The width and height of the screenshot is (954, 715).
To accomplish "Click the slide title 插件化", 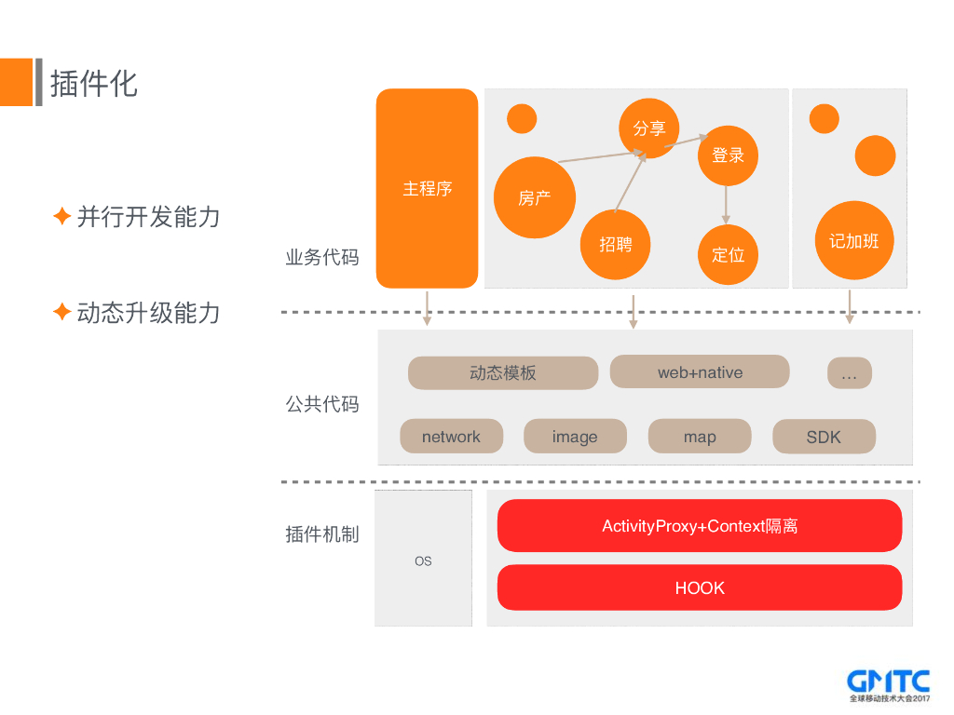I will click(94, 83).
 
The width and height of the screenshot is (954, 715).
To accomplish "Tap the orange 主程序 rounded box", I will click(427, 188).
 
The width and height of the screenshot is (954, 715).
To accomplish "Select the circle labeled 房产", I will click(535, 197).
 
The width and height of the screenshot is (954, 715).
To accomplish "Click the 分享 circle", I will click(649, 128).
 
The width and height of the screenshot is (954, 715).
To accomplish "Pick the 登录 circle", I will click(728, 155).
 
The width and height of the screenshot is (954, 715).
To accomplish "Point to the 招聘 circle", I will click(615, 245).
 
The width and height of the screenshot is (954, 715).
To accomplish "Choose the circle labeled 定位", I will click(728, 254).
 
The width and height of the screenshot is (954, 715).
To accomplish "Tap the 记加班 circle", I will click(853, 241).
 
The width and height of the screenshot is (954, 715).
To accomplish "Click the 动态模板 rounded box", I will click(503, 373).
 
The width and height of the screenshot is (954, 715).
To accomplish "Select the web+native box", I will click(700, 372).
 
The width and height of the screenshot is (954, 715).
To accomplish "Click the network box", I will click(451, 437).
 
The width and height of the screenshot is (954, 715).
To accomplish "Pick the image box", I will click(575, 437).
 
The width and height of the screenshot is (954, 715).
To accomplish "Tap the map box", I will click(700, 437).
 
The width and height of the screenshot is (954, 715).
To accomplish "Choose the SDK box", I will click(824, 437).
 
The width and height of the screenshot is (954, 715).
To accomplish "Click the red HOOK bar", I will click(700, 587).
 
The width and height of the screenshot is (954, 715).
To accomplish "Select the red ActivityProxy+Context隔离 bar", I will click(700, 526).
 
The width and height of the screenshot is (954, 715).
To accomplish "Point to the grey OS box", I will click(423, 560).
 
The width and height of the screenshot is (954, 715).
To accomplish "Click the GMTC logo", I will click(888, 685).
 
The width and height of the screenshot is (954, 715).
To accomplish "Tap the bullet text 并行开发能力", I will click(148, 217).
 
